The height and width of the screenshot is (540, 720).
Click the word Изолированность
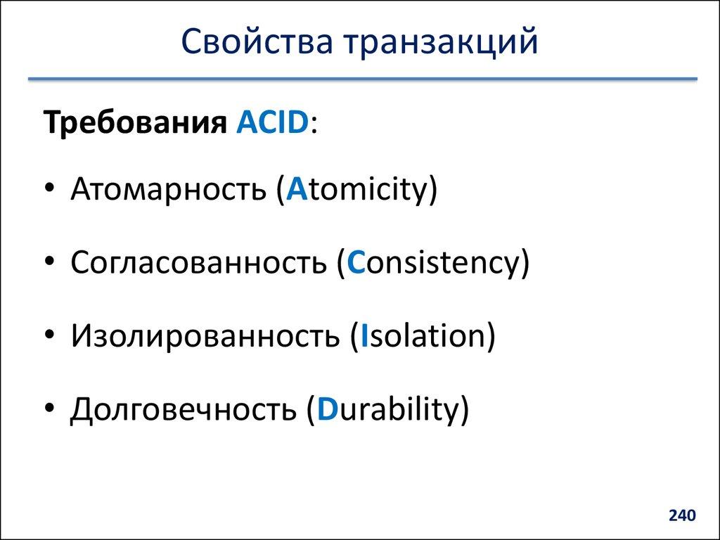pos(205,336)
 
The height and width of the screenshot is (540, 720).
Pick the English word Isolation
pos(423,336)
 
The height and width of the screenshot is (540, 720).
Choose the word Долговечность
pos(182,409)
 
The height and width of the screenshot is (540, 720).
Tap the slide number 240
pos(682,516)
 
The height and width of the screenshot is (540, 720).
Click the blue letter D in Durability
pos(326,409)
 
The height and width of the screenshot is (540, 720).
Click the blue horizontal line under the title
pos(362,79)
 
